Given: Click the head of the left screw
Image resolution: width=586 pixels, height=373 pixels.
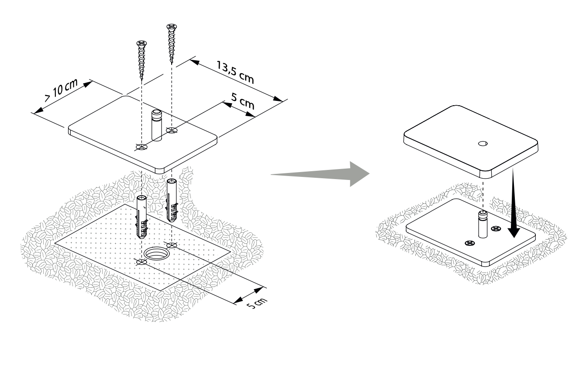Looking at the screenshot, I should tap(141, 43).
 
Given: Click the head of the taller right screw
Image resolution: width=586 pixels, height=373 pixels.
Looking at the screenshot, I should tap(171, 27).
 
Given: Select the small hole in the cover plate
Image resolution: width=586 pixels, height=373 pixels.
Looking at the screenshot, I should tap(483, 143).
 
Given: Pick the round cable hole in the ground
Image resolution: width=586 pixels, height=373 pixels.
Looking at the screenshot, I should tap(156, 253).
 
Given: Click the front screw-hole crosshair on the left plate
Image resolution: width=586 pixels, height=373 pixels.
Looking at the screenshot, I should tap(141, 147).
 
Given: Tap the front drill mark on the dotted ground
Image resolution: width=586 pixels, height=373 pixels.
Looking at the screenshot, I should tap(141, 262).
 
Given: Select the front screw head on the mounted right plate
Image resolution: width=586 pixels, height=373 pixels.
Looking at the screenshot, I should tap(470, 242).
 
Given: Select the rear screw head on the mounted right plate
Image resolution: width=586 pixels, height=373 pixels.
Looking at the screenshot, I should tap(496, 228).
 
